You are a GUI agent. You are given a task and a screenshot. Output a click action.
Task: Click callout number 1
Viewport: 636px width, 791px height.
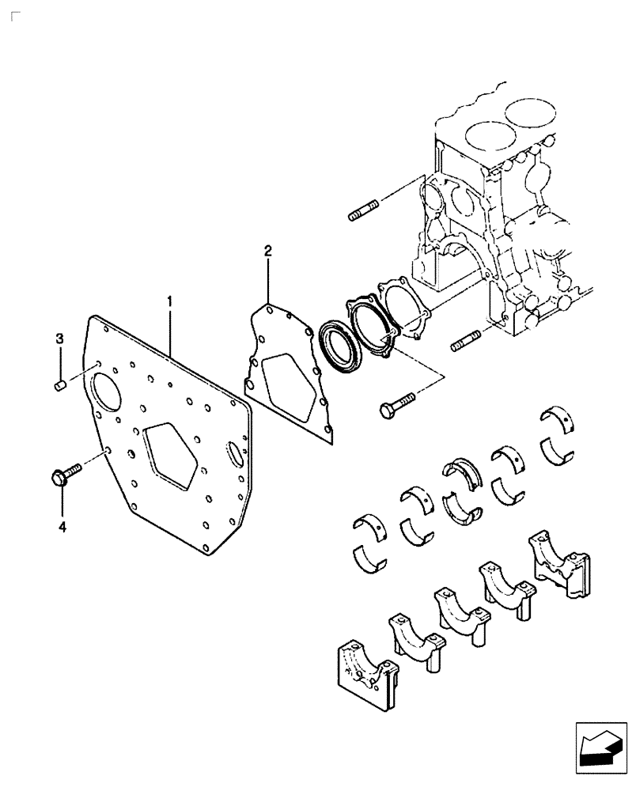[169, 301]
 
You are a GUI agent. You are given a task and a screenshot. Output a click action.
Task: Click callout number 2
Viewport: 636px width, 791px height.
[268, 252]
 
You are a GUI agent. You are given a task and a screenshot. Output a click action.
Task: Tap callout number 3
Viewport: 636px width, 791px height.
[59, 339]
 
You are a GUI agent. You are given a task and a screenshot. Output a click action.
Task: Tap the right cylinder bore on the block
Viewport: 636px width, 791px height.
[532, 113]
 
